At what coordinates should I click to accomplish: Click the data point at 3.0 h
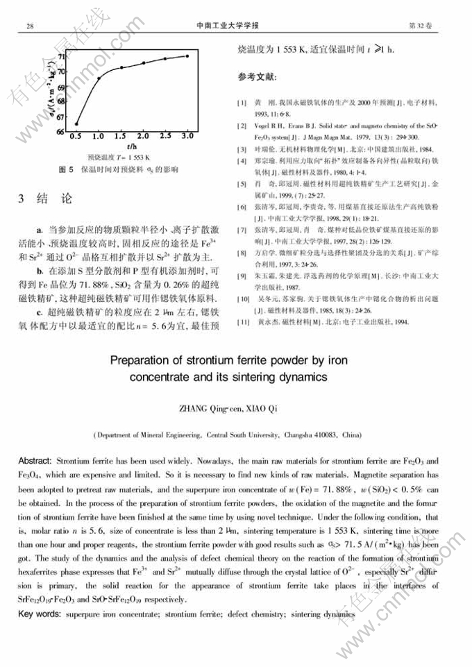click(187, 56)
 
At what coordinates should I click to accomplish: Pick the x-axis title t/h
click(130, 147)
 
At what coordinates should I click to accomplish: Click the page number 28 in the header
click(31, 26)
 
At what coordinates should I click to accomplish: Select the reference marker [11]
click(242, 322)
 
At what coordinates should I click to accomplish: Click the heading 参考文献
click(258, 76)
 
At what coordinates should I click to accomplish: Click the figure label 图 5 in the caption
click(65, 169)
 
